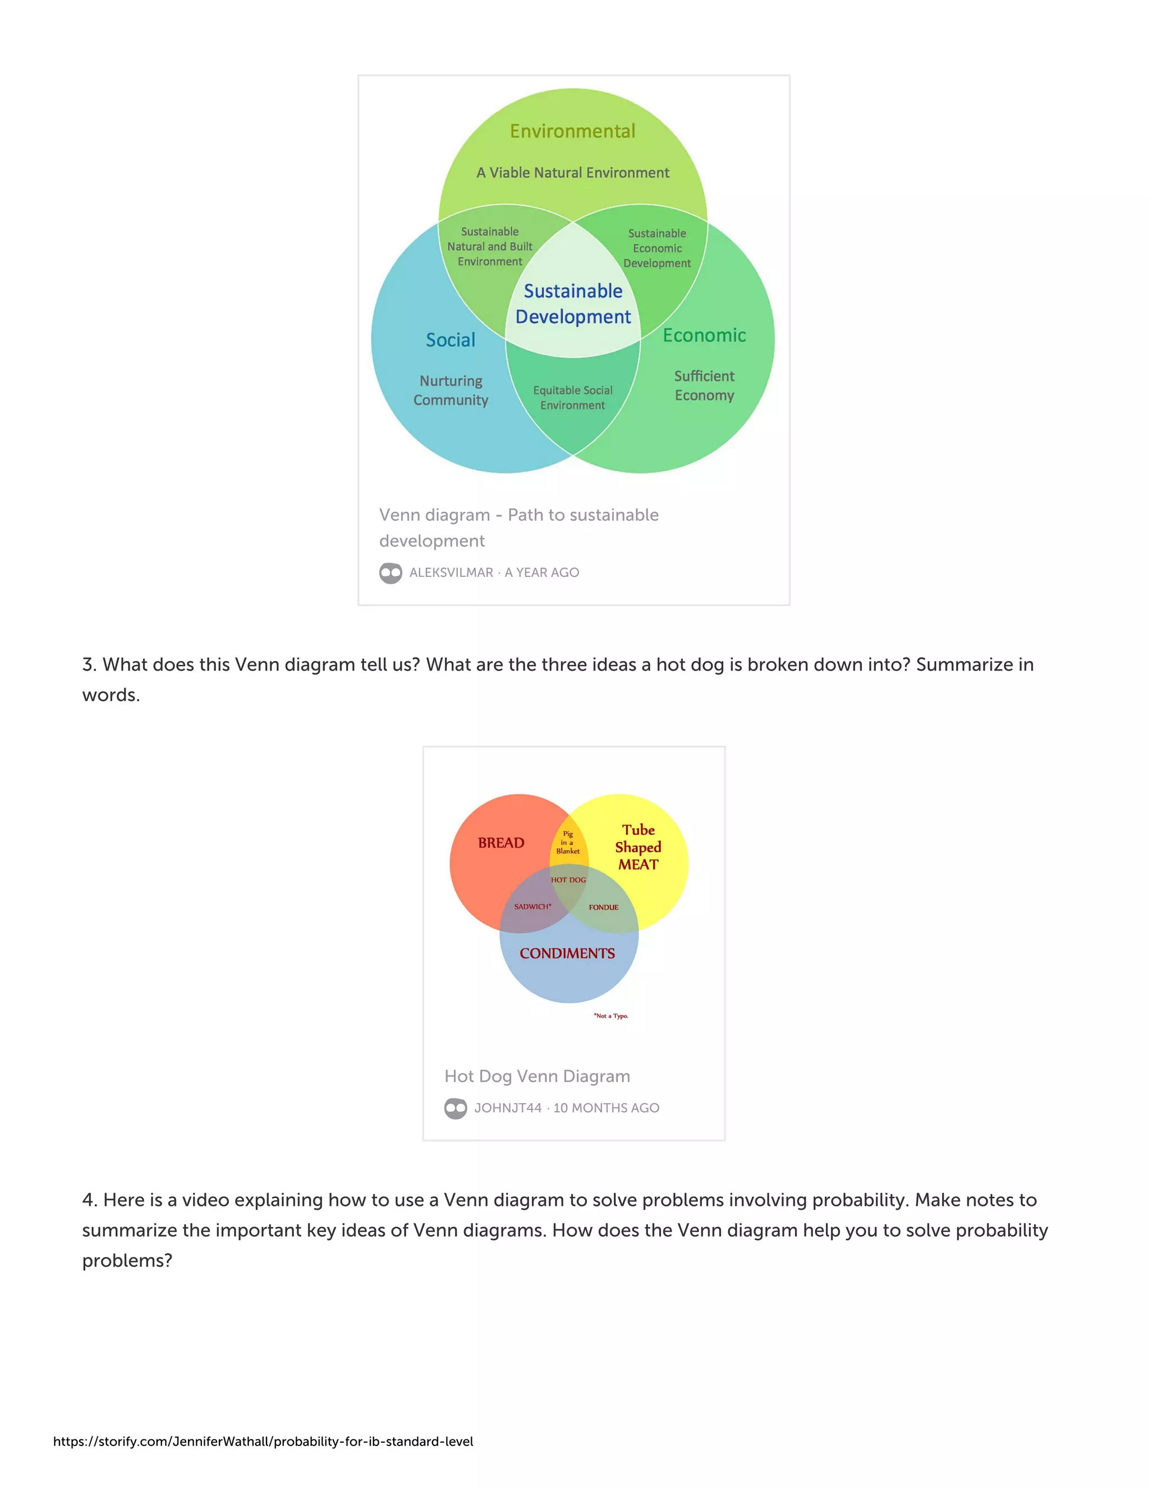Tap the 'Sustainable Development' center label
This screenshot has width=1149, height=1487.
(573, 304)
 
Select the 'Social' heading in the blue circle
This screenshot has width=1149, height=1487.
(451, 339)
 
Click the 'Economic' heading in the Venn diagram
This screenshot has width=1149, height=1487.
(705, 335)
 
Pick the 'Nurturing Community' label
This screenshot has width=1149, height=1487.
(451, 390)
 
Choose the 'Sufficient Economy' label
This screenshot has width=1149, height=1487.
(705, 385)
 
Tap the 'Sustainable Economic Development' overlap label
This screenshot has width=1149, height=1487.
(657, 249)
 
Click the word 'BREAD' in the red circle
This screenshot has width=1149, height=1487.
(501, 843)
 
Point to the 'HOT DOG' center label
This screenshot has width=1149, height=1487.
(568, 880)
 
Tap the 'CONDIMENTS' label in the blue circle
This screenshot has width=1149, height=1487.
(567, 953)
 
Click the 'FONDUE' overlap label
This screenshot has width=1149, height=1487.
(604, 907)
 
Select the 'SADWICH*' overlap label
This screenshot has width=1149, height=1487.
(533, 906)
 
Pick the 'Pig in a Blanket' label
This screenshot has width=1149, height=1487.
(568, 842)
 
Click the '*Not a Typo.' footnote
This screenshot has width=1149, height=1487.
(612, 1016)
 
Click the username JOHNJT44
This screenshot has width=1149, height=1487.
(508, 1108)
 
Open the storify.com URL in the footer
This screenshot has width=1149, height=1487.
(264, 1442)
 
